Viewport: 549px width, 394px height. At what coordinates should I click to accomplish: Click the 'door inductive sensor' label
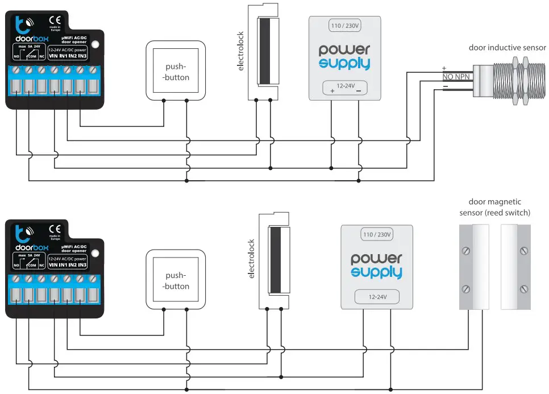coord(507,48)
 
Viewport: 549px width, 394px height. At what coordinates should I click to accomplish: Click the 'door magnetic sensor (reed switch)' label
coord(494,208)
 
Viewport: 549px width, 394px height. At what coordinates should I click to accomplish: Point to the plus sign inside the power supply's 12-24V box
coord(332,90)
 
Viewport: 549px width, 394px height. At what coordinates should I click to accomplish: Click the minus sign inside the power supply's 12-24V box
coord(359,90)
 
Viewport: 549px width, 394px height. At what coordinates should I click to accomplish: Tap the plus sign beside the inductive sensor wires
coord(444,68)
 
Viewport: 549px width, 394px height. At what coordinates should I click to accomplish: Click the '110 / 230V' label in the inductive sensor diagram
coord(345,26)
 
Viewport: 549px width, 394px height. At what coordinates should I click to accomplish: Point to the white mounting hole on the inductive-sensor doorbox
coord(96,43)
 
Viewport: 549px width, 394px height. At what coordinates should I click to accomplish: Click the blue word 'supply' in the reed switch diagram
coord(376,273)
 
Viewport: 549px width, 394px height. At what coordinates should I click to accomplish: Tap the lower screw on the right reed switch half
coord(522,287)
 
